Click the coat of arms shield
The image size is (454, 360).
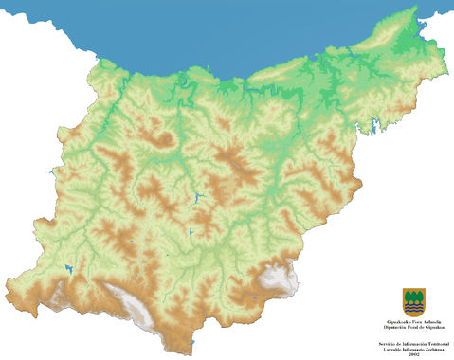coord(413,302)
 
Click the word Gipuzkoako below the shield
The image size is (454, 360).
coord(393,321)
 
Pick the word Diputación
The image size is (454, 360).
coord(392,326)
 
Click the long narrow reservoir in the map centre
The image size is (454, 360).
coord(198,197)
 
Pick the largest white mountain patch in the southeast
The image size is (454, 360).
coord(279,277)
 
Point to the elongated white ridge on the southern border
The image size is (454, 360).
coord(128,301)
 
